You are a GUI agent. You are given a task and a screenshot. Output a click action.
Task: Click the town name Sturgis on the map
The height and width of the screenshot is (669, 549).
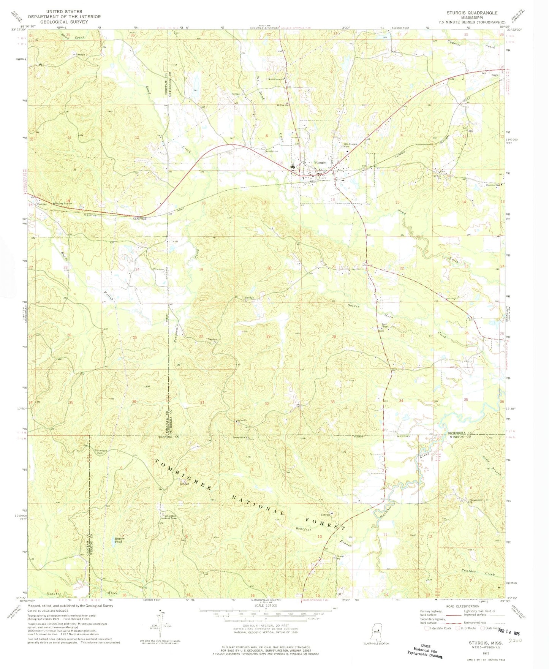point(320,162)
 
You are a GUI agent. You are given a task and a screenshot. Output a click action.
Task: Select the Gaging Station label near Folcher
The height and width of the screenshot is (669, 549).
point(63,204)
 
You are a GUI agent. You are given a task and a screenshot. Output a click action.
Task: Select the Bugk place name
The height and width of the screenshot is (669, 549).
point(494,75)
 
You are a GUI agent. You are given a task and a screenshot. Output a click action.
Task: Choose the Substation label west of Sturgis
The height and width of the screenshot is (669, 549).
point(272,152)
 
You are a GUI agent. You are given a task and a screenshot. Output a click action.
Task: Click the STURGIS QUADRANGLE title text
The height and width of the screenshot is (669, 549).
point(471,13)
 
